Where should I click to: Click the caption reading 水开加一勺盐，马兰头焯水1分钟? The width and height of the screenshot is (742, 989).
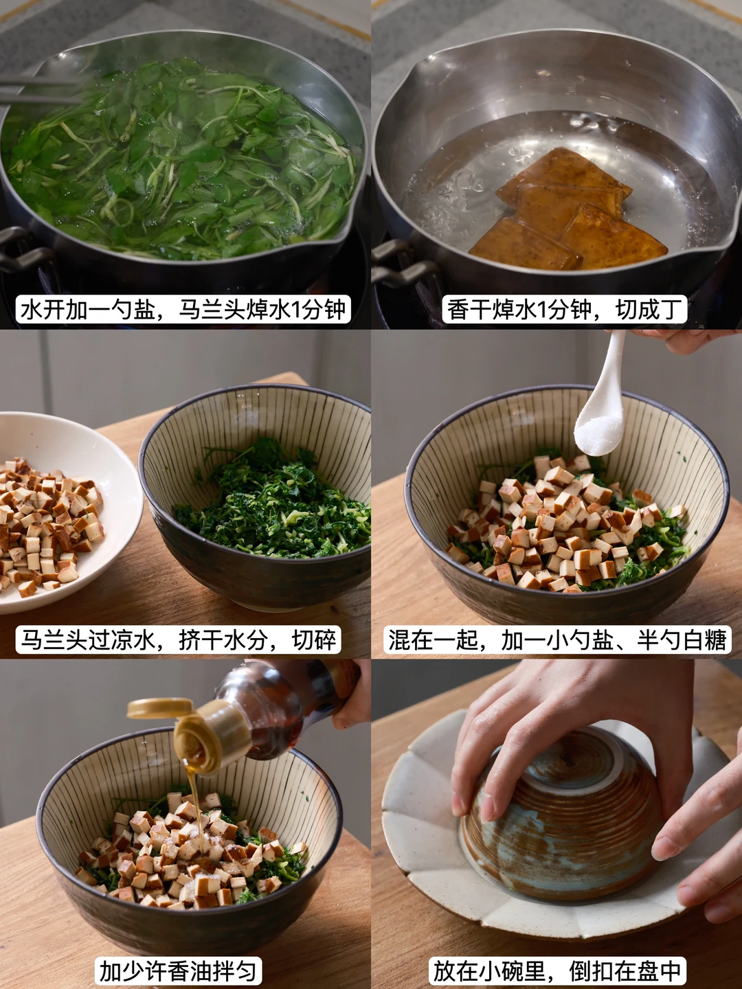point(183,309)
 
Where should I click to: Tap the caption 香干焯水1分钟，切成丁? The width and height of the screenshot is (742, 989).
point(565,309)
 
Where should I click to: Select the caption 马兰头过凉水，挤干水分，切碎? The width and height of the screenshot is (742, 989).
point(178,639)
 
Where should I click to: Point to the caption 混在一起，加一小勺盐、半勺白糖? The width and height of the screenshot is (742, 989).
point(557,639)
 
